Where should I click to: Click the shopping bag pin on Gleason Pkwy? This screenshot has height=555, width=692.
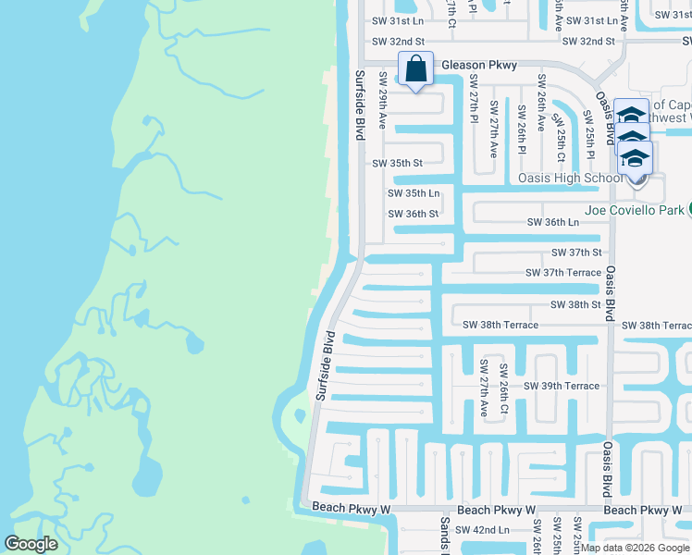[415, 69]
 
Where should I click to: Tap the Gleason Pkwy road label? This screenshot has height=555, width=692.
[479, 65]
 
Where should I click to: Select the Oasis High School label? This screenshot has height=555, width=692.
[570, 178]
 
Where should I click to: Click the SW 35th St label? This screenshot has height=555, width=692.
[397, 163]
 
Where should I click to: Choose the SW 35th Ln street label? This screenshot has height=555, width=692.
[414, 193]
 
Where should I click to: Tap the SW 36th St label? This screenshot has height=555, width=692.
[413, 214]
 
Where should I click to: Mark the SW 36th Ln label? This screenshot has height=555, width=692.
[553, 222]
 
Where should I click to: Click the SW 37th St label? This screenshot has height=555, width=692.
[576, 252]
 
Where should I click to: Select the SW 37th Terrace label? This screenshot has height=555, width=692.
[563, 273]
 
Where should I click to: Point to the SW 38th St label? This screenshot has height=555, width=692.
[575, 304]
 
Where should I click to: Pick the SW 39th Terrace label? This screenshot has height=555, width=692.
[562, 386]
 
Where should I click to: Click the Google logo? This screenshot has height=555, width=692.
[31, 544]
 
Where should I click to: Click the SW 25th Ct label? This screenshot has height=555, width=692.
[559, 130]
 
